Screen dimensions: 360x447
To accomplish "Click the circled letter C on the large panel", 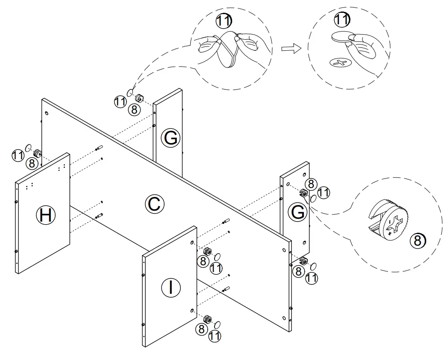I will [x=154, y=204].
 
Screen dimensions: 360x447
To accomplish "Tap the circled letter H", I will [x=45, y=215].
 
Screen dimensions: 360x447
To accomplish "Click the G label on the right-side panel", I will [x=297, y=212].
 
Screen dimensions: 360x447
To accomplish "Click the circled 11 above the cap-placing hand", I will [x=341, y=20].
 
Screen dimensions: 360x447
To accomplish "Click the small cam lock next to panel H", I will [x=37, y=153].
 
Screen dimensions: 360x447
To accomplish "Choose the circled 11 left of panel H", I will [x=18, y=155].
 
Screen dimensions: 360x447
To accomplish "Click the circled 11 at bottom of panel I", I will [x=215, y=336].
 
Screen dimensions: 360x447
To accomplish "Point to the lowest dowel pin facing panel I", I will [x=226, y=289].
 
